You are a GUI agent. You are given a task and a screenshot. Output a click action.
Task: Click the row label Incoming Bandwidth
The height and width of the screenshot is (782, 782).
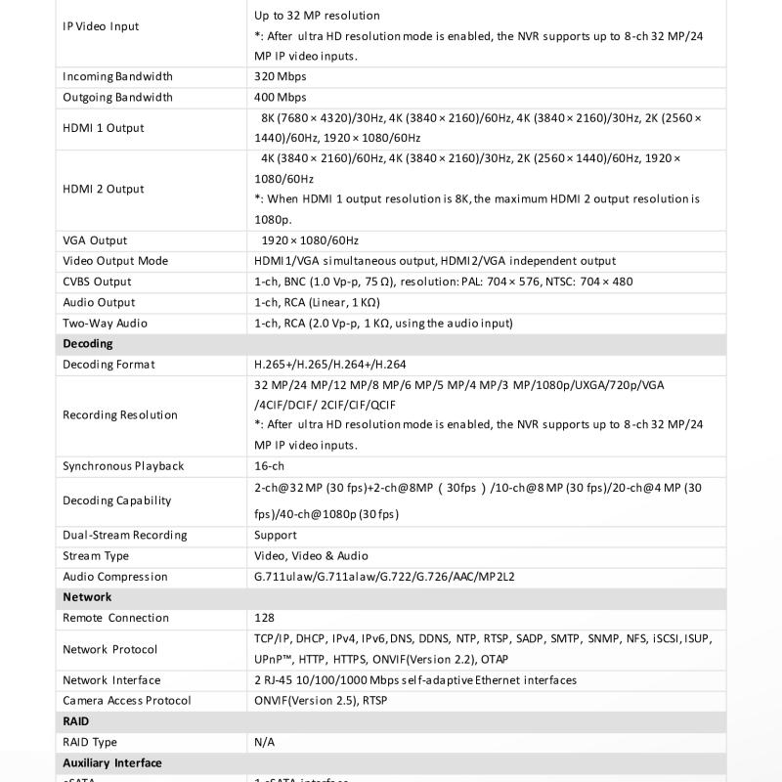point(117,76)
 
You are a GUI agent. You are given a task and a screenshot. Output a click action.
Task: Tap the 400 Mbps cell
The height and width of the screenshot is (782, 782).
point(280,97)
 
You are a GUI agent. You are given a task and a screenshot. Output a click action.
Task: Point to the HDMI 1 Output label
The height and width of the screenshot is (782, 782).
point(103,128)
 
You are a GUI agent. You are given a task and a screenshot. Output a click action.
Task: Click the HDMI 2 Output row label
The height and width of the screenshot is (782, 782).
point(103,189)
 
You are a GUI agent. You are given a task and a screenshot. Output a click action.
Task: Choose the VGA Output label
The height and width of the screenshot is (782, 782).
point(95,240)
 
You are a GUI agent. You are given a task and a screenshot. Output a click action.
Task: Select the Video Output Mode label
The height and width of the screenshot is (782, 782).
point(115,261)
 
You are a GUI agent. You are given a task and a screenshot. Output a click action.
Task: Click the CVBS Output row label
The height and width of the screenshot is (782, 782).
point(97,282)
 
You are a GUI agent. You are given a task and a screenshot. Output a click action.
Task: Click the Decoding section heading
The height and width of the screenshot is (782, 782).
point(88,343)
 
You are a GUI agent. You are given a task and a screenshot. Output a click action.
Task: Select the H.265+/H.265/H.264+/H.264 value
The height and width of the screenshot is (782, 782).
point(329,365)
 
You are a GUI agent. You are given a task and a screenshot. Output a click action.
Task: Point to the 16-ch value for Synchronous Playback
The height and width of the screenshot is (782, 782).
point(269,466)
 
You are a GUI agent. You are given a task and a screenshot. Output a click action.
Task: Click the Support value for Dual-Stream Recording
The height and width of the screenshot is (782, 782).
point(275,535)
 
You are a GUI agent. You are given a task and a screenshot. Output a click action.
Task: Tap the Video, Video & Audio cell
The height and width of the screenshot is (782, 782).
point(311,556)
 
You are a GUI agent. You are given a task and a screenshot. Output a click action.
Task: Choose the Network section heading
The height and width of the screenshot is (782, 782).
point(87,596)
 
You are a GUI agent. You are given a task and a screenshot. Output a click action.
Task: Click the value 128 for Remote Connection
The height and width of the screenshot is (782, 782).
point(264,618)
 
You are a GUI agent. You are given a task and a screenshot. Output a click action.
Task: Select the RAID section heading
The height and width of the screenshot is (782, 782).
point(76,720)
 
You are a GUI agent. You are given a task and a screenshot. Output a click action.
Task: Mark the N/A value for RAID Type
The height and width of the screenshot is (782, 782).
point(264,742)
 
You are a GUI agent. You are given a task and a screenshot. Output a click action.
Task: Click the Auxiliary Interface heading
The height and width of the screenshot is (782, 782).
point(112,762)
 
